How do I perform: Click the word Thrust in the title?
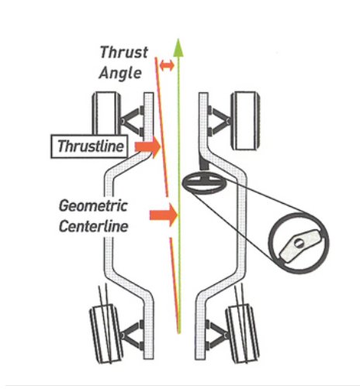(123, 53)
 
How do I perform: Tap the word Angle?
(120, 73)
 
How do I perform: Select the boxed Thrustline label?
(89, 146)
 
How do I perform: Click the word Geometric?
(93, 206)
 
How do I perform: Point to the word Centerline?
(94, 226)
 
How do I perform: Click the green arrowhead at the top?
(178, 48)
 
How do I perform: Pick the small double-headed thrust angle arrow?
(167, 65)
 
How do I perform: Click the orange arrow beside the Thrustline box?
(148, 146)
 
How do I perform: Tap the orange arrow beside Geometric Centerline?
(164, 215)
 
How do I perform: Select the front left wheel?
(106, 114)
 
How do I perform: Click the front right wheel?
(245, 121)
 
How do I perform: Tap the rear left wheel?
(106, 334)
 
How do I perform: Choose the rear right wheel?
(242, 334)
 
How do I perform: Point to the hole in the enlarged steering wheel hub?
(299, 243)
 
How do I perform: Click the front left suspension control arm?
(133, 121)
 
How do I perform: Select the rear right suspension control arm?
(218, 335)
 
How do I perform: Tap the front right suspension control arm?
(220, 121)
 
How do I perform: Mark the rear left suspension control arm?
(132, 335)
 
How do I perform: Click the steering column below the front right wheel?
(204, 162)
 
